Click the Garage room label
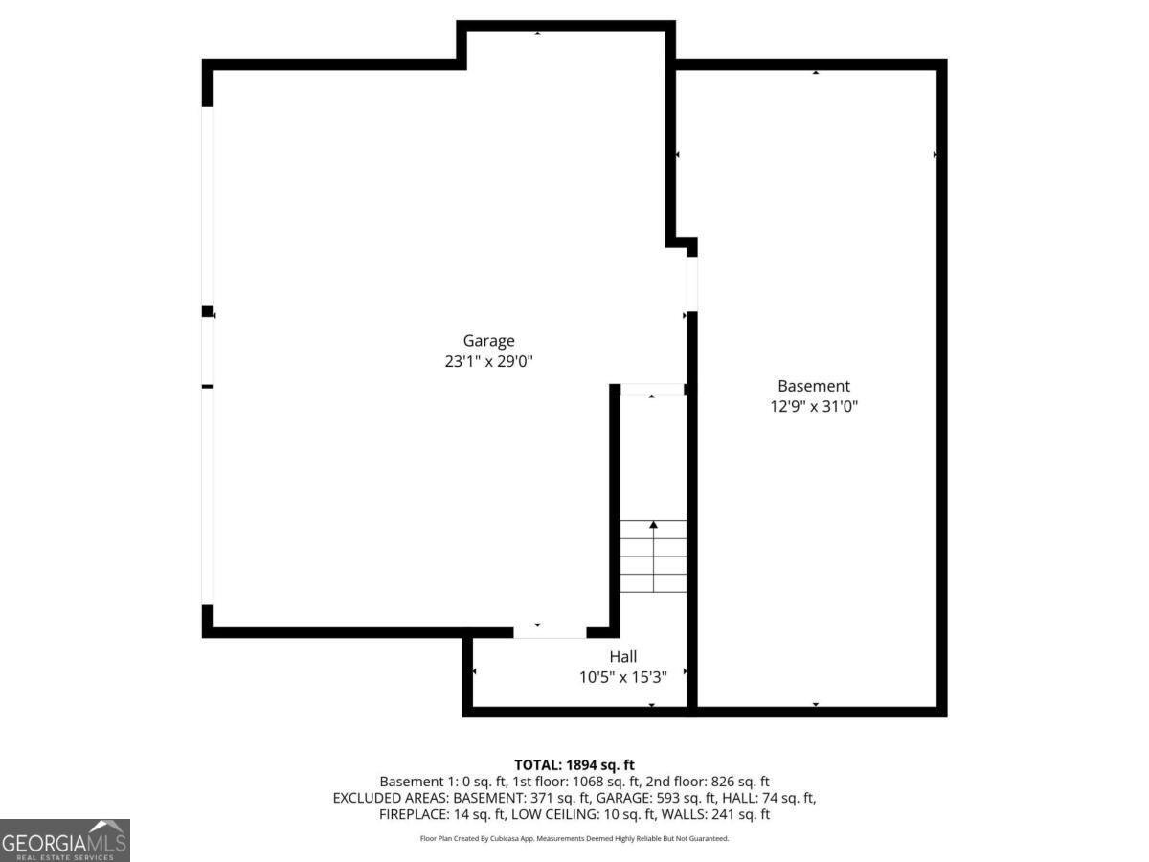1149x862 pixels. coord(488,341)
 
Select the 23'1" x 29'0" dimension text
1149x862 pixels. coord(488,361)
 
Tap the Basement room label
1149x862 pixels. coord(814,386)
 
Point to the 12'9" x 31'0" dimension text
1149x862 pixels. coord(814,406)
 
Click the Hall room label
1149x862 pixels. coord(623,657)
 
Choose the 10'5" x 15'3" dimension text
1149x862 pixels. coord(623,677)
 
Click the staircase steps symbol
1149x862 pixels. coord(653,556)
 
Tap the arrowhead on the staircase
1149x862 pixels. coord(653,525)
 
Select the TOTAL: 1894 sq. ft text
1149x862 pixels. coord(574,765)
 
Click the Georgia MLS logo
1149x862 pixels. coord(64,840)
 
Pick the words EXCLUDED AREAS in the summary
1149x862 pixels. coord(391,798)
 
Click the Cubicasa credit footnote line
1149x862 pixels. coord(574,838)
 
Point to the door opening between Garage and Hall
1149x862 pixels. coord(550,632)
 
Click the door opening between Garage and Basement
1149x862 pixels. coord(691,284)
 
